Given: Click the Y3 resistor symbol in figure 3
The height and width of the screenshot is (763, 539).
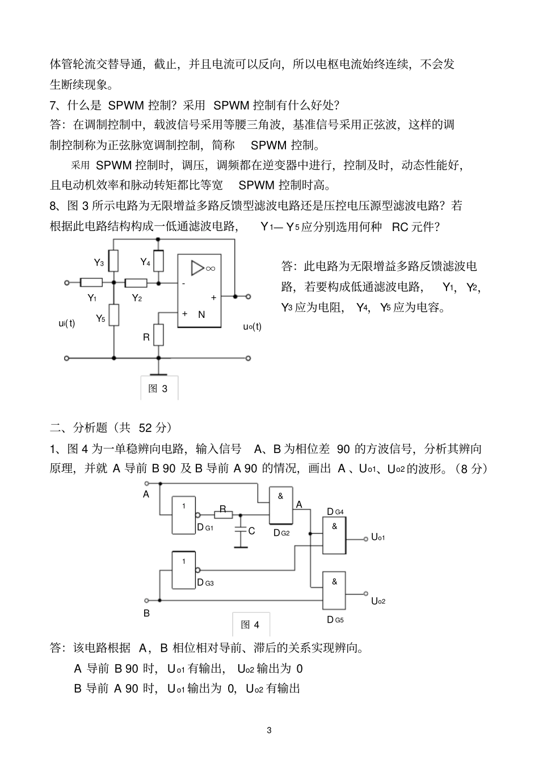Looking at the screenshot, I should point(114,261).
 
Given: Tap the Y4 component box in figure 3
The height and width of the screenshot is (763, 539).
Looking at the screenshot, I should point(159,261).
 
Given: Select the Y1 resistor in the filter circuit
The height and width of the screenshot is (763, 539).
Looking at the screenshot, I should point(91,282).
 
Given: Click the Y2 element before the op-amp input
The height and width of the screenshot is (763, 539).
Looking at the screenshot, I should point(136,282).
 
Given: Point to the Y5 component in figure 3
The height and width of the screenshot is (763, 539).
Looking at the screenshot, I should point(114,315).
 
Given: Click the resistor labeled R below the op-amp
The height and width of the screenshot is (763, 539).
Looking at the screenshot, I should point(159,334).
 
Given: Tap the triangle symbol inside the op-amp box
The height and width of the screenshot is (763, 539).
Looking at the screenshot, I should point(197,268).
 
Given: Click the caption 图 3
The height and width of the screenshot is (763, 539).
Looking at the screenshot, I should point(158,389).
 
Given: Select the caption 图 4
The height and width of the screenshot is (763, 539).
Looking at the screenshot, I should point(250,624).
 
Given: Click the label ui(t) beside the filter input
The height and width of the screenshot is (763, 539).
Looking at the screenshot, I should point(67,323).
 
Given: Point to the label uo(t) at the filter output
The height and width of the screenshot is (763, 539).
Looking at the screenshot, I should point(252,327).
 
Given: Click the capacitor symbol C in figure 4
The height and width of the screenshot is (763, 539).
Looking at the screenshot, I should point(241,532).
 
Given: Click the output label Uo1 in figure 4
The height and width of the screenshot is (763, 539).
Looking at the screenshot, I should point(378,537).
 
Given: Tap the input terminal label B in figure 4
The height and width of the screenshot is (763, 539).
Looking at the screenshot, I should point(146,613).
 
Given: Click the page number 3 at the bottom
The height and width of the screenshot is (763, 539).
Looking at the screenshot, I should point(269,730).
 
